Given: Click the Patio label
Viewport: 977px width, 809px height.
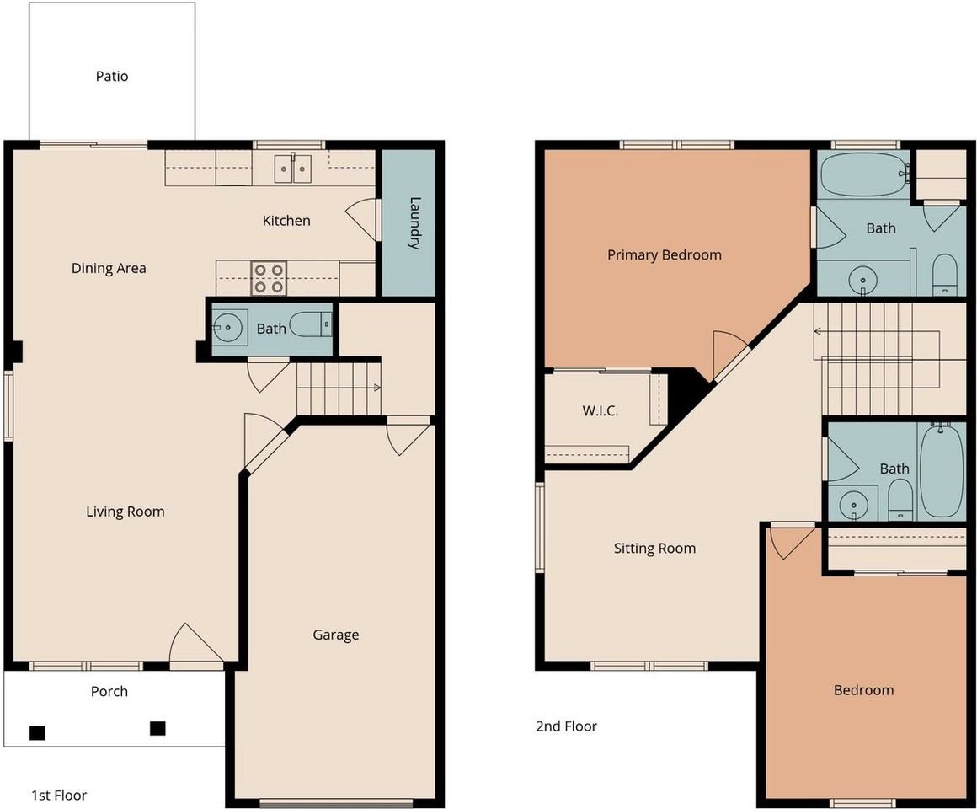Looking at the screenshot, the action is coord(112,76).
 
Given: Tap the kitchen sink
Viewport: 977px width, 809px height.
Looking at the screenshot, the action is coord(293,168).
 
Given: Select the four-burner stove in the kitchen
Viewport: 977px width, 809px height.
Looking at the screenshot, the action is coord(270,278).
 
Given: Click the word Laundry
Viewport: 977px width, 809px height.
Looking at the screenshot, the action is coord(414,223).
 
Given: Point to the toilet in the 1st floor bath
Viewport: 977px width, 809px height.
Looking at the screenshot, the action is coord(310,324).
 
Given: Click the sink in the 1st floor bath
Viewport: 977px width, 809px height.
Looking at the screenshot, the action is coord(227,327).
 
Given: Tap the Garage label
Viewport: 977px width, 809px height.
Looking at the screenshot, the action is coord(336,635).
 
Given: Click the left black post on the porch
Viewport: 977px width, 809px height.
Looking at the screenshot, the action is coord(37,733).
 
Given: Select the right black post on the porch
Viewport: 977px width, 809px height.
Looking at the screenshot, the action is coord(157,728).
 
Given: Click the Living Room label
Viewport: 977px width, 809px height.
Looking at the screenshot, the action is coord(125,512).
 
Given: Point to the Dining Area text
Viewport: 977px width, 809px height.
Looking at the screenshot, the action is coord(109,268).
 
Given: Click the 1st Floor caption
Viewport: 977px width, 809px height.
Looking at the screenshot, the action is coord(59,796).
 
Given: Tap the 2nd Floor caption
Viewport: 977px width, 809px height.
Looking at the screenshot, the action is coord(566,726).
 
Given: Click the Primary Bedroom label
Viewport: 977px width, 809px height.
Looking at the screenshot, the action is coord(665,254).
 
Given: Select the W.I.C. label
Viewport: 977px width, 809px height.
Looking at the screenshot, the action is coord(601,410).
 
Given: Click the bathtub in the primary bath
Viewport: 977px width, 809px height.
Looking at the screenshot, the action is coord(863,175).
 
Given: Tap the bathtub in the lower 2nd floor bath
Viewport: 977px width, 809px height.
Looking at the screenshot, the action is coord(942,470).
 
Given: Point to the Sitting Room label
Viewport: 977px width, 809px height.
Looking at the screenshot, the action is coord(655,549).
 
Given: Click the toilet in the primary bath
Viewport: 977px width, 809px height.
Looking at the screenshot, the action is coord(945,274).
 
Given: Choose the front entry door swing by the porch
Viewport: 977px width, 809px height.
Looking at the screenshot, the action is coord(196,642).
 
